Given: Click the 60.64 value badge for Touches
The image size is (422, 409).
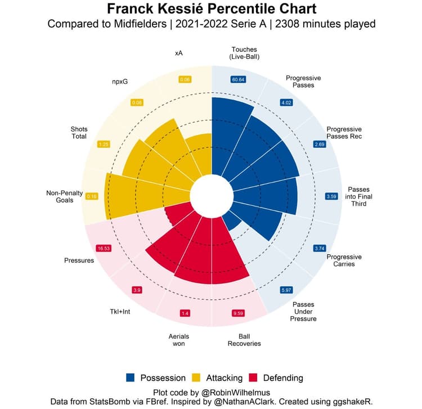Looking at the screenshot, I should click(x=238, y=80).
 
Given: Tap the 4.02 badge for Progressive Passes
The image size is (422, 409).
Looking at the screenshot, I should click(x=286, y=102).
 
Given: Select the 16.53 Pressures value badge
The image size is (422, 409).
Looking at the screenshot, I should click(x=103, y=248).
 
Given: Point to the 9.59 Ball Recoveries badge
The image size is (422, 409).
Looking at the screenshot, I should click(x=239, y=313).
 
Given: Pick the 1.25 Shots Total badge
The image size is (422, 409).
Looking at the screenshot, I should click(x=103, y=144).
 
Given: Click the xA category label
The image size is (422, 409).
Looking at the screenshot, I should click(x=179, y=53).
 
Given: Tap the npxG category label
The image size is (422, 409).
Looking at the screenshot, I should click(x=119, y=82).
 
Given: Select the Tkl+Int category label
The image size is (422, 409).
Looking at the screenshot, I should click(x=120, y=311).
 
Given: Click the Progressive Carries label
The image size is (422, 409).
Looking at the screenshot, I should click(x=344, y=260).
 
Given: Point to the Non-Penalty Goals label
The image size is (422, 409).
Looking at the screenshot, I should click(x=64, y=196).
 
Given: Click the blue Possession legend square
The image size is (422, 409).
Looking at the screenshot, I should click(x=131, y=378).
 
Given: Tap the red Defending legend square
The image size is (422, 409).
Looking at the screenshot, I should click(x=253, y=378).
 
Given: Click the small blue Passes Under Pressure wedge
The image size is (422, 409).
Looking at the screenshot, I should click(x=232, y=222).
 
